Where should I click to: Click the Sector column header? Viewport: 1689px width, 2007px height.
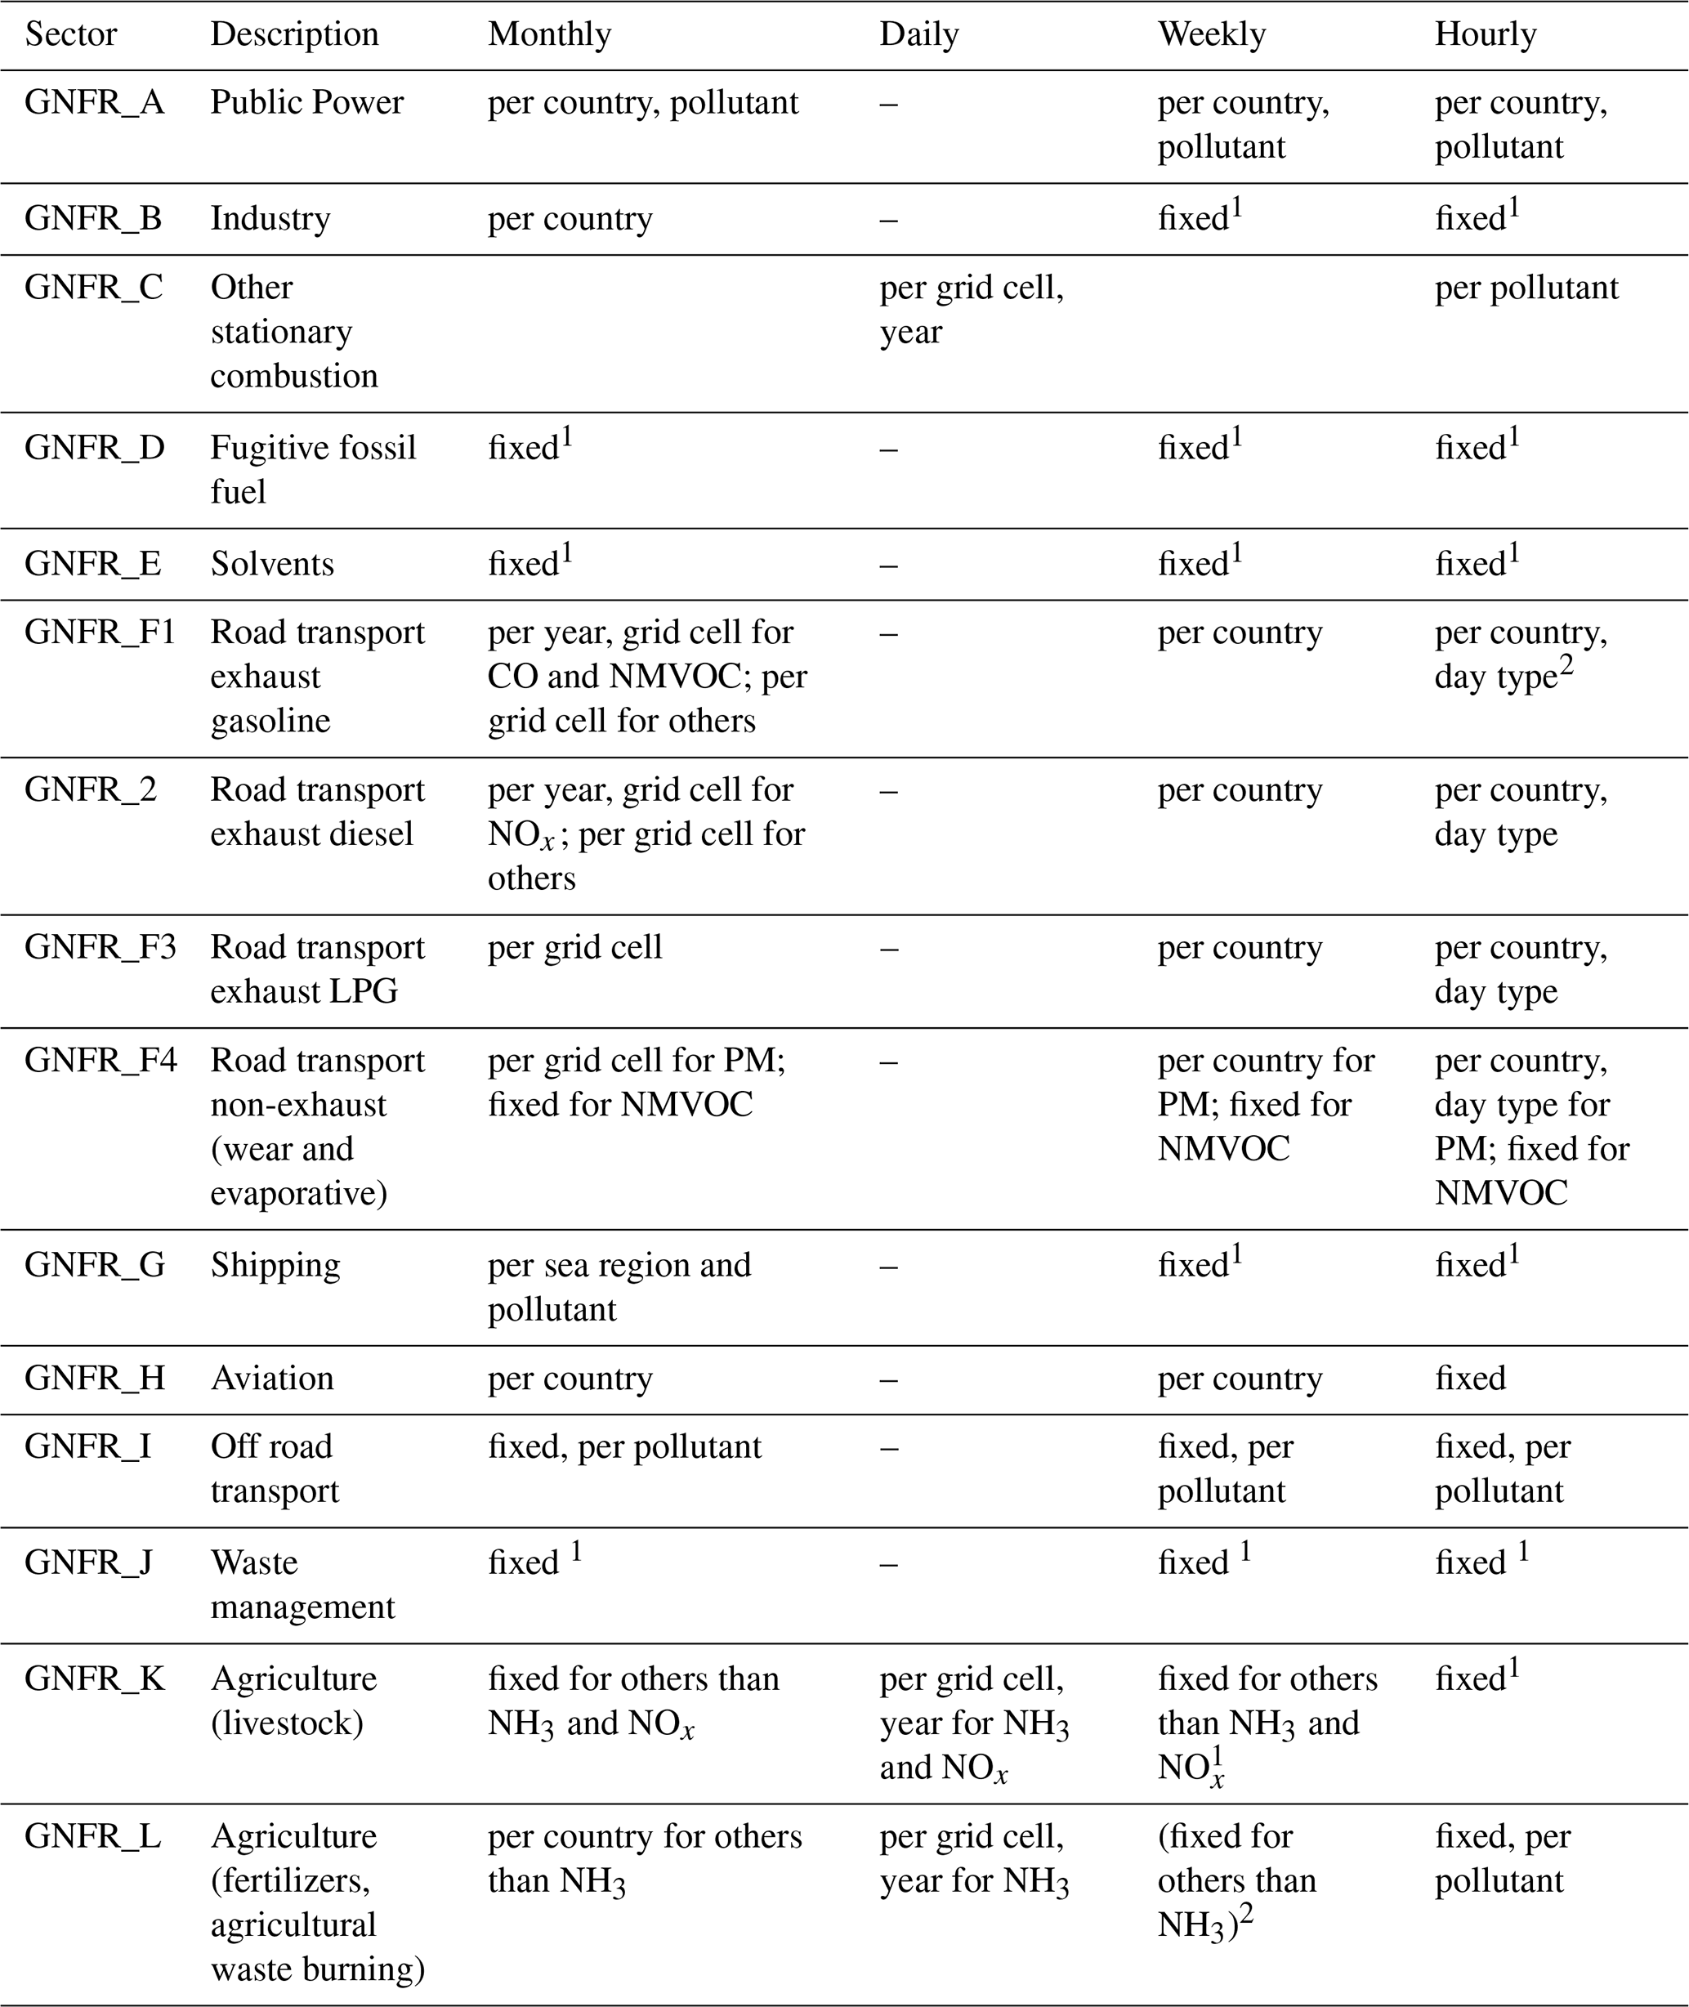[x=71, y=34]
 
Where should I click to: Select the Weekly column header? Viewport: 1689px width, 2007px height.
[x=1211, y=34]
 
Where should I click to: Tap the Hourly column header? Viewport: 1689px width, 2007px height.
[x=1485, y=34]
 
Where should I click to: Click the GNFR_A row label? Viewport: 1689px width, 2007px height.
[x=94, y=102]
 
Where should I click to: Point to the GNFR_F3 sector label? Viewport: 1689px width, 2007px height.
[x=101, y=947]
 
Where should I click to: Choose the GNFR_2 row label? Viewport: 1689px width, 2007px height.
[x=90, y=790]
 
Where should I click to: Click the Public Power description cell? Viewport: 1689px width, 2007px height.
[x=307, y=102]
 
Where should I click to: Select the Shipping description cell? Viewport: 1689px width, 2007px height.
[x=275, y=1265]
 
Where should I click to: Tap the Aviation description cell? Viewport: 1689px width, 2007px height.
[x=272, y=1378]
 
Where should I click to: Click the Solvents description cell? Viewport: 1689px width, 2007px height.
[x=272, y=563]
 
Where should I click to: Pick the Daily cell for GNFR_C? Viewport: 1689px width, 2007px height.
[x=971, y=309]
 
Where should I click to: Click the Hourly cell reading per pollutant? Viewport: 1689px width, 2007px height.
[x=1526, y=288]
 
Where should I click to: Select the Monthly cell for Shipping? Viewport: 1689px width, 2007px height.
[x=619, y=1287]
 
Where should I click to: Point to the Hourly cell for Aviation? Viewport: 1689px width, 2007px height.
[x=1470, y=1378]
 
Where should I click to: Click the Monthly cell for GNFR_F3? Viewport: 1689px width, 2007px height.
[x=574, y=947]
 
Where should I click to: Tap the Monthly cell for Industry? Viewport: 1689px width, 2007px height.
[x=570, y=218]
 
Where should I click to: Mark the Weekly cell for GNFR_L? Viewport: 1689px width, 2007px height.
[x=1236, y=1880]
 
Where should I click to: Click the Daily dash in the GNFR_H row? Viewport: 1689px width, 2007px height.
[x=888, y=1378]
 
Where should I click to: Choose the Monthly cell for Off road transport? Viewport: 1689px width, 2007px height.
[x=624, y=1446]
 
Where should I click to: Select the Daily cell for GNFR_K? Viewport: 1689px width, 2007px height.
[x=974, y=1723]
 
